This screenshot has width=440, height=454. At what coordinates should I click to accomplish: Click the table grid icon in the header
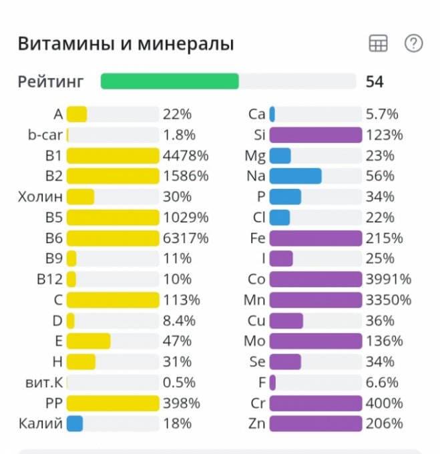click(x=378, y=44)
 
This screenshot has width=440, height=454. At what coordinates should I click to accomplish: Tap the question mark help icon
click(x=414, y=44)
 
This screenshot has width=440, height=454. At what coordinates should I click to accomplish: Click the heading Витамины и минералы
click(x=126, y=45)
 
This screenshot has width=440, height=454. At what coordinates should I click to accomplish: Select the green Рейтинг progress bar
click(x=170, y=81)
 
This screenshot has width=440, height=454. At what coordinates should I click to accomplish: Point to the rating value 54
click(x=375, y=81)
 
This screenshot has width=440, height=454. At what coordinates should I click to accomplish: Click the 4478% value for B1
click(x=186, y=156)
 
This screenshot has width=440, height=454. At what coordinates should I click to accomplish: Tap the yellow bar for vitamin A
click(x=77, y=114)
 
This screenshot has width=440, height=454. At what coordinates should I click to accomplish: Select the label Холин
click(x=41, y=197)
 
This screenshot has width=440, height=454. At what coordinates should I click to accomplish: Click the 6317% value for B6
click(x=186, y=238)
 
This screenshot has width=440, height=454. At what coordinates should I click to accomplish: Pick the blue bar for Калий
click(x=75, y=423)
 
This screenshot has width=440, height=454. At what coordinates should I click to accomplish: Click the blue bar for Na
click(x=295, y=176)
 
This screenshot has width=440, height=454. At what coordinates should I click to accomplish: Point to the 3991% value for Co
click(x=389, y=279)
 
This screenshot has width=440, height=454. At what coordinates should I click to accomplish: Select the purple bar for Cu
click(x=286, y=320)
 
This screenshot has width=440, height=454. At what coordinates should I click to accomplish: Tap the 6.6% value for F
click(x=382, y=383)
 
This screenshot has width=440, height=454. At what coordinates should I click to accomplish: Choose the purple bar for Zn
click(x=316, y=423)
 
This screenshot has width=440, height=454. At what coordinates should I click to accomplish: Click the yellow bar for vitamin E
click(x=88, y=341)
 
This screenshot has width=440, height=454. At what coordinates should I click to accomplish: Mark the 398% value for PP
click(x=182, y=403)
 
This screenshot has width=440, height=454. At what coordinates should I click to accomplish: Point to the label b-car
click(x=45, y=135)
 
